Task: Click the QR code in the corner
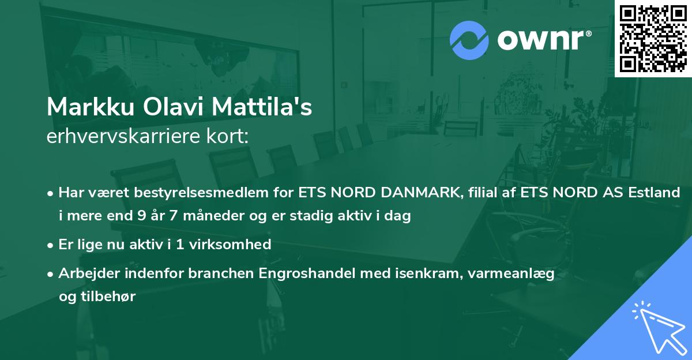coord(653,39)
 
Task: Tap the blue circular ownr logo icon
coord(469,40)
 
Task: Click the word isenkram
coord(405,273)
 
